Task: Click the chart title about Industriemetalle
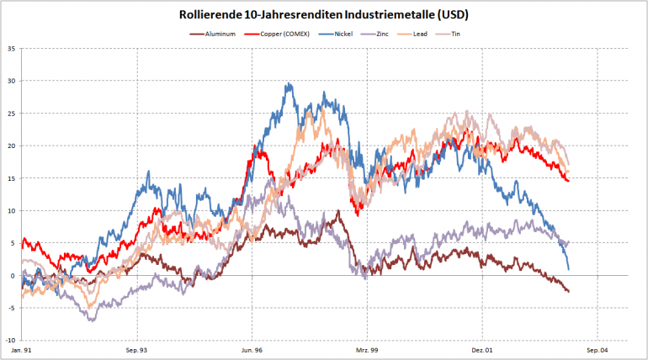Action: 323,14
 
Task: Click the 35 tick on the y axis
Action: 11,49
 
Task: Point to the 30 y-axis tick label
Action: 11,81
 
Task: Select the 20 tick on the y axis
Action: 11,146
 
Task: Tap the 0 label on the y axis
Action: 13,276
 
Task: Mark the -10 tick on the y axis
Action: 9,341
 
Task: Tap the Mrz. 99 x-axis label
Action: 366,348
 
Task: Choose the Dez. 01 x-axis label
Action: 481,348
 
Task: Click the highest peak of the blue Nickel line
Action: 289,83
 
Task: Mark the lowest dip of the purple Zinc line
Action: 90,320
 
